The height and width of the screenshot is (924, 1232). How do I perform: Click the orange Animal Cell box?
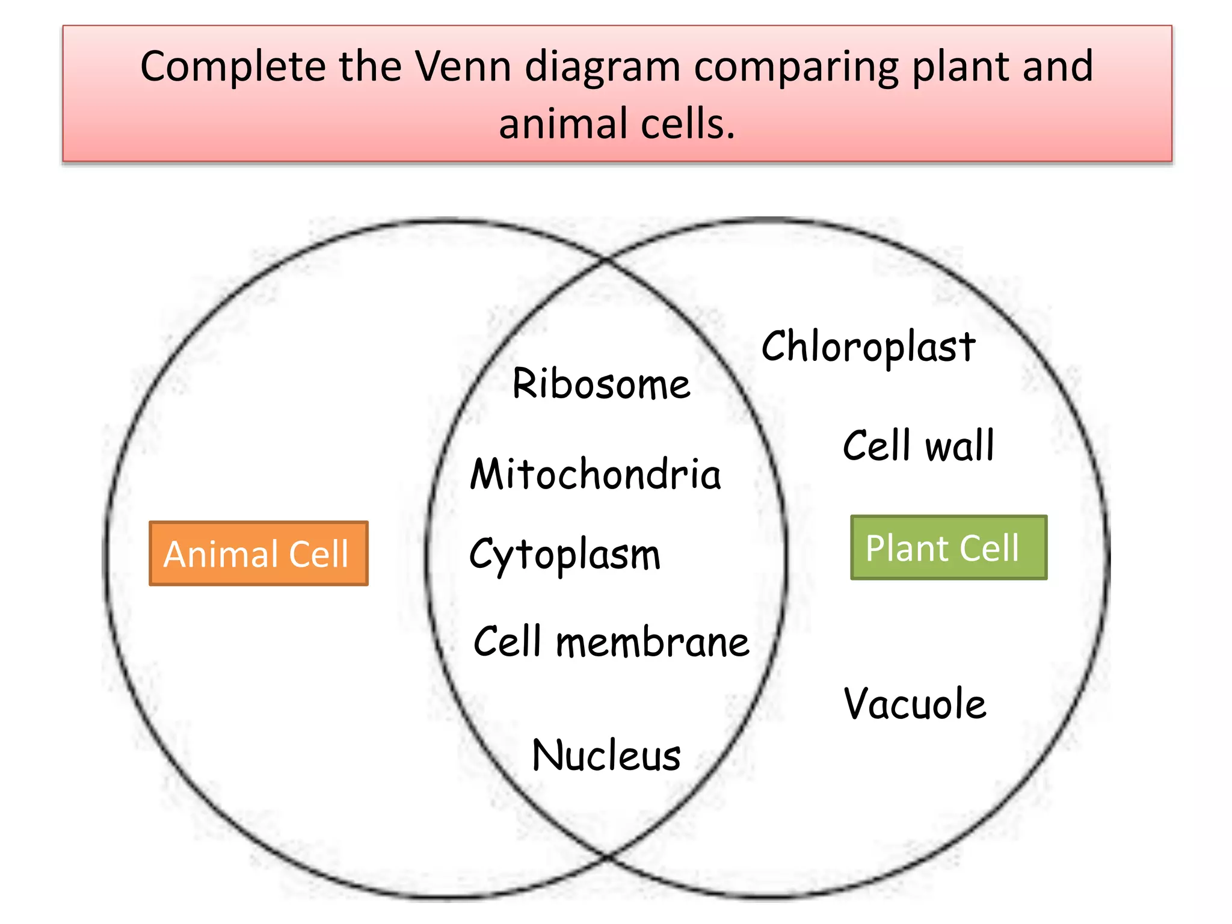pos(258,553)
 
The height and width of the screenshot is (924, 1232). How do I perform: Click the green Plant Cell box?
pos(948,547)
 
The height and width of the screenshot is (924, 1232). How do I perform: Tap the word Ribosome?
pos(601,384)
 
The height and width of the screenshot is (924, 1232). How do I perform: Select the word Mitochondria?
pos(595,474)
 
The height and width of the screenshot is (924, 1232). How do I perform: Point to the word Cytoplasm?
pos(564,554)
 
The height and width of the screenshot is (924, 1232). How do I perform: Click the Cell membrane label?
pos(611,642)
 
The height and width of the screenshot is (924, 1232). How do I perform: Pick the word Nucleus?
pos(606,756)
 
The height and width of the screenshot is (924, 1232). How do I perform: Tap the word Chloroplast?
pos(868,347)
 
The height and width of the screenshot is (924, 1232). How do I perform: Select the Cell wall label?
pos(918,446)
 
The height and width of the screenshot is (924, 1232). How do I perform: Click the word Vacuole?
pos(914,703)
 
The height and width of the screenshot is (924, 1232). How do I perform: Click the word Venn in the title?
pos(464,66)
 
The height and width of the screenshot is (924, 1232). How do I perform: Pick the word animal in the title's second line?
pos(563,123)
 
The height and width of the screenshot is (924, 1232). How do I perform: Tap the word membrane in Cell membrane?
pos(652,642)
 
